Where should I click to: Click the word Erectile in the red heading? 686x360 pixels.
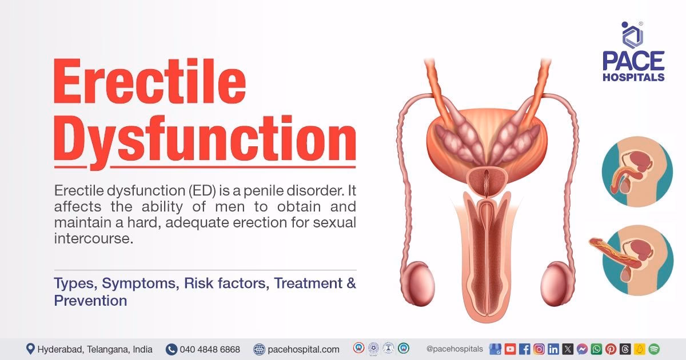pos(150,85)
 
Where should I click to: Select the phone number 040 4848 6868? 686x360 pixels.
pos(209,349)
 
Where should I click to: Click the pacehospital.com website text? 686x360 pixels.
pos(302,349)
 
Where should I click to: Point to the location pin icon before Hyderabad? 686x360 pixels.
pos(30,349)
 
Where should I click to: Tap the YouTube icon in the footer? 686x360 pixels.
pos(510,349)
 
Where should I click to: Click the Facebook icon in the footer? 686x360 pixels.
pos(524,349)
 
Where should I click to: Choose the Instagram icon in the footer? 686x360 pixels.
pos(539,349)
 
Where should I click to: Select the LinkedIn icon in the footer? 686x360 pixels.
pos(553,349)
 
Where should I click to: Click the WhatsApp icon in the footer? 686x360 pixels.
pos(596,349)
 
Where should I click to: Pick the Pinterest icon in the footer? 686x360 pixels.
pos(611,349)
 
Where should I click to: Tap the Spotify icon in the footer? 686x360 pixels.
pos(654,349)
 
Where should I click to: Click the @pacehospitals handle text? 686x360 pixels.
pos(454,349)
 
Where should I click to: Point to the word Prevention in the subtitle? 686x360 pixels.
pos(90,301)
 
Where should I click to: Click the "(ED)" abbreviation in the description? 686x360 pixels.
pos(167,190)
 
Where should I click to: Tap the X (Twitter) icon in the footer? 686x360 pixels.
pos(567,349)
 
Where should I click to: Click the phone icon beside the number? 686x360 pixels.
pos(171,349)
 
